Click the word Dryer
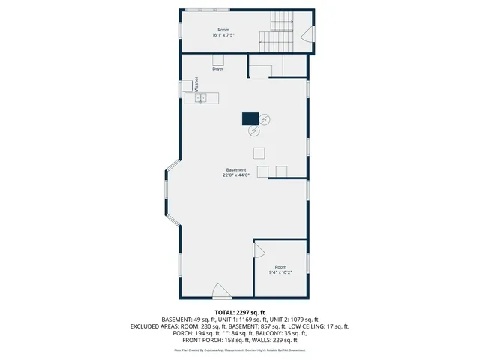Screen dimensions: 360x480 [217, 68]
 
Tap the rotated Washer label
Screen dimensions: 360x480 [196, 84]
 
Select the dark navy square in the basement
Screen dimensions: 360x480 [250, 118]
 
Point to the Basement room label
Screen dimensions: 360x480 [236, 170]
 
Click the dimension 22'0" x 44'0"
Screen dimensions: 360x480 [236, 175]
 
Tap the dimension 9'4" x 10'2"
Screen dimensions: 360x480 [280, 272]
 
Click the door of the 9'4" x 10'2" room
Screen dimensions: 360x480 [260, 248]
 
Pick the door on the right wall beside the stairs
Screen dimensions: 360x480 [307, 34]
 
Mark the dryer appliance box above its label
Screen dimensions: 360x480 [218, 60]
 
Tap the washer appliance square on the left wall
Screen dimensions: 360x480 [187, 85]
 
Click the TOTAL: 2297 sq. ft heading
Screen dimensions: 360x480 [240, 312]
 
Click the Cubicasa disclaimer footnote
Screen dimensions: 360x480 [240, 349]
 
